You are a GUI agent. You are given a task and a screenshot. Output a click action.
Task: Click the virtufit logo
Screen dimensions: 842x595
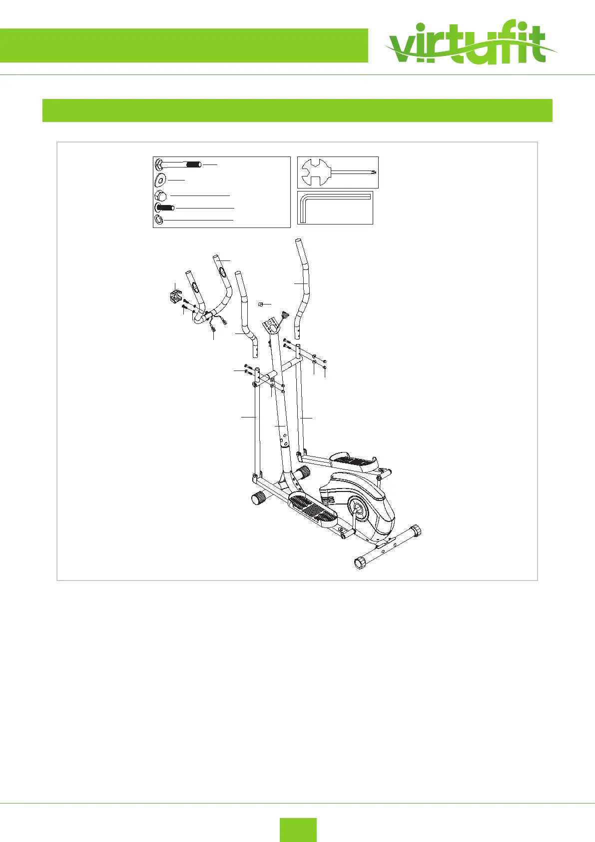pyautogui.click(x=470, y=45)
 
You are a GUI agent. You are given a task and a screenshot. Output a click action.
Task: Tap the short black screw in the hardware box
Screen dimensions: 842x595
pyautogui.click(x=164, y=207)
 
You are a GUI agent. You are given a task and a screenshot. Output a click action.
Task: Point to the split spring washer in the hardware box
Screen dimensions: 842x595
pyautogui.click(x=158, y=219)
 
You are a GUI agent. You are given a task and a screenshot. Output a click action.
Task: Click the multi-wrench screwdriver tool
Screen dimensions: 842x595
pyautogui.click(x=337, y=172)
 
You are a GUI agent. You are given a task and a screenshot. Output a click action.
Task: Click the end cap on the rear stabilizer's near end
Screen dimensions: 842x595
pyautogui.click(x=360, y=563)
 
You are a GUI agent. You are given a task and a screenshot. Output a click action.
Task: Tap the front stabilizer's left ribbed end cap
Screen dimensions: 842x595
pyautogui.click(x=259, y=497)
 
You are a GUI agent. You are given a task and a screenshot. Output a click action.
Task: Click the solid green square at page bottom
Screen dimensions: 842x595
pyautogui.click(x=298, y=829)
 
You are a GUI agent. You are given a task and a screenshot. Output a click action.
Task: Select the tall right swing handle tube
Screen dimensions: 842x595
pyautogui.click(x=304, y=285)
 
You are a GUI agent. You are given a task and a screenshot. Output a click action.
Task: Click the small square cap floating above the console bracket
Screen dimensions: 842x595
pyautogui.click(x=260, y=304)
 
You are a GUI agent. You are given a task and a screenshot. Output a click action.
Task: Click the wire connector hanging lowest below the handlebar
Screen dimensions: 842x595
pyautogui.click(x=213, y=328)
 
